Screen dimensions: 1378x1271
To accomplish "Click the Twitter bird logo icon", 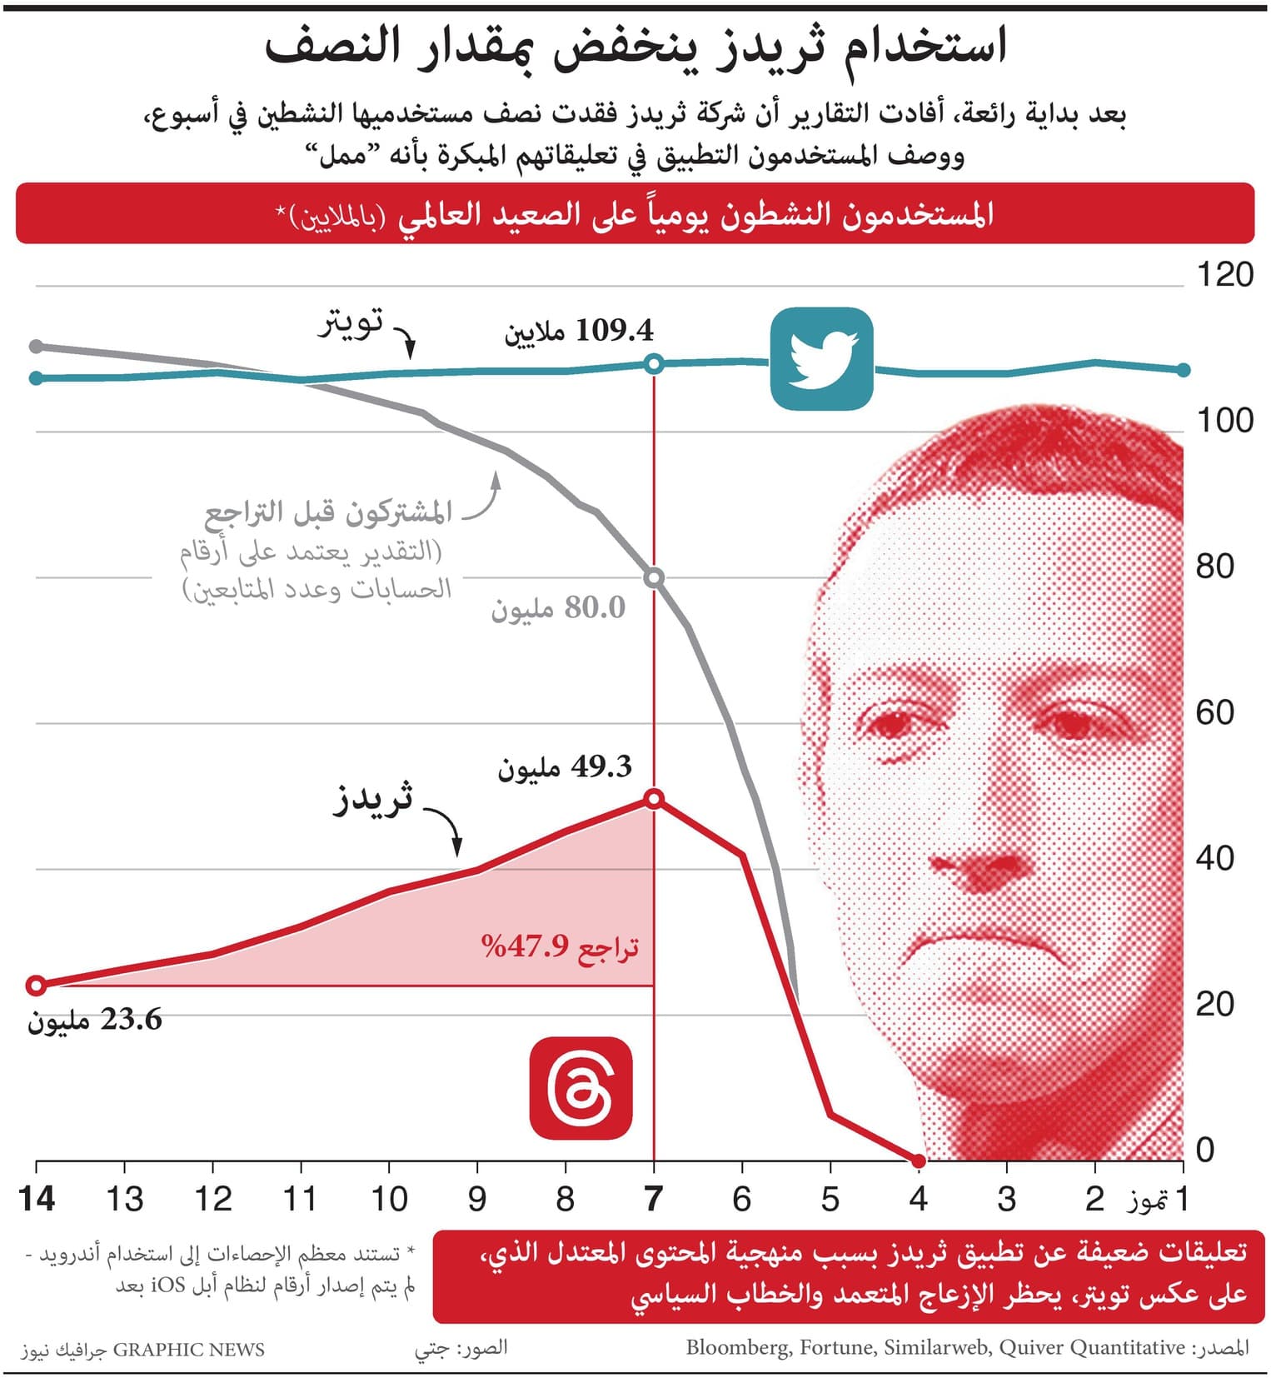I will (821, 359).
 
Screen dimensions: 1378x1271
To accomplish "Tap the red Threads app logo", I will (581, 1088).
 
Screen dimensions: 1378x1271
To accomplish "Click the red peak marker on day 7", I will (654, 800).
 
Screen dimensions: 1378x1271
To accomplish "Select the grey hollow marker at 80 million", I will (654, 577).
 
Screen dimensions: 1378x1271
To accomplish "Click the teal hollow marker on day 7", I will (654, 364).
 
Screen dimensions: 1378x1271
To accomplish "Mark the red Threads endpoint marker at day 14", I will (36, 986).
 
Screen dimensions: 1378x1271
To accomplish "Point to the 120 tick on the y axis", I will (1224, 275).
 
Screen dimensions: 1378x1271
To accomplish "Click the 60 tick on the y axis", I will (1214, 713).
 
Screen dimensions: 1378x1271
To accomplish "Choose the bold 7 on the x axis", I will (654, 1200).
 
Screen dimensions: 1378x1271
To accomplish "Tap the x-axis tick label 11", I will (300, 1200).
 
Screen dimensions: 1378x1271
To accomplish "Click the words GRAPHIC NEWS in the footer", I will (188, 1350).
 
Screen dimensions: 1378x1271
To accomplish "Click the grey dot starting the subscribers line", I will (36, 347).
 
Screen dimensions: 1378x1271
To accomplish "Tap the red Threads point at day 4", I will (919, 1161).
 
